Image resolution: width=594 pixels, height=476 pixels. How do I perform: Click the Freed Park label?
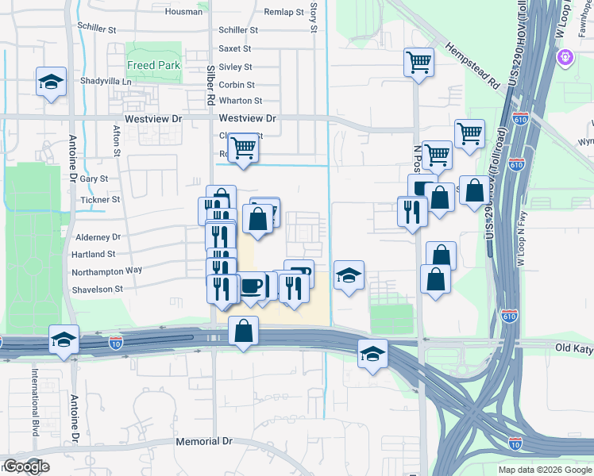pos(153,65)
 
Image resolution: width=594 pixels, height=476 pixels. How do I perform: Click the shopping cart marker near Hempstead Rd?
pos(418,61)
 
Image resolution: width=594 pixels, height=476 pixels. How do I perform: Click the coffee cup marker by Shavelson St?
pos(251,286)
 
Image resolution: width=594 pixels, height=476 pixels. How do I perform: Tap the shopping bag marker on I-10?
pos(244,329)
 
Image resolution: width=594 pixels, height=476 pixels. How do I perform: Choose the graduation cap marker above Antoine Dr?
pos(64,340)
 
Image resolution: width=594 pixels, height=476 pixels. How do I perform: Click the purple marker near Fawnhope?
pos(566,57)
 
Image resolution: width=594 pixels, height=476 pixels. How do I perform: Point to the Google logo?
pos(25,466)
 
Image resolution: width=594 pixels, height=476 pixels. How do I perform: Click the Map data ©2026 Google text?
pos(545,470)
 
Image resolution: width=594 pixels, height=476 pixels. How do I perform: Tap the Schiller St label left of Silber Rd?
pos(97,28)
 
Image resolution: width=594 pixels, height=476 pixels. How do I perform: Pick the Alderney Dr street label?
pos(97,236)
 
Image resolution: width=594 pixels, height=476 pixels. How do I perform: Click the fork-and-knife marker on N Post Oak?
pos(412,210)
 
